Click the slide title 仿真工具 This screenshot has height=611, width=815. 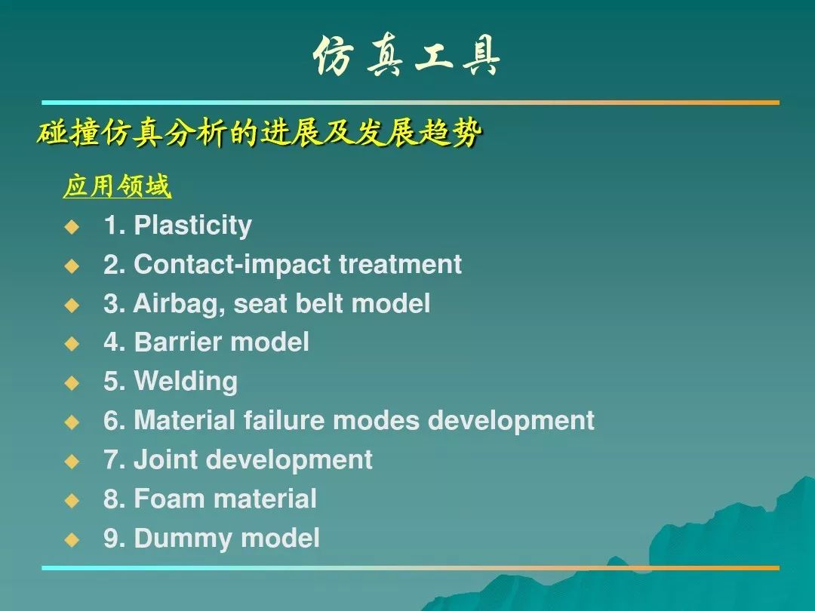click(x=407, y=56)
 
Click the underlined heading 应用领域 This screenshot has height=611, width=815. click(x=117, y=186)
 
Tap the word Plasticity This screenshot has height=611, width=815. click(x=193, y=226)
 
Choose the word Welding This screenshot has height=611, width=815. click(x=186, y=382)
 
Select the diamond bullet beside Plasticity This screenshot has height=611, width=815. click(x=72, y=226)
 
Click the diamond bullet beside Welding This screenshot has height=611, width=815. click(x=72, y=383)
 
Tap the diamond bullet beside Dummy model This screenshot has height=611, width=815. click(x=72, y=539)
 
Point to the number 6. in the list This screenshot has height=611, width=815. click(x=115, y=420)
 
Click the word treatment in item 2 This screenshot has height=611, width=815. click(x=400, y=265)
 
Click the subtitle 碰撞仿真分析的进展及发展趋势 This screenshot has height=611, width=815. click(x=260, y=133)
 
